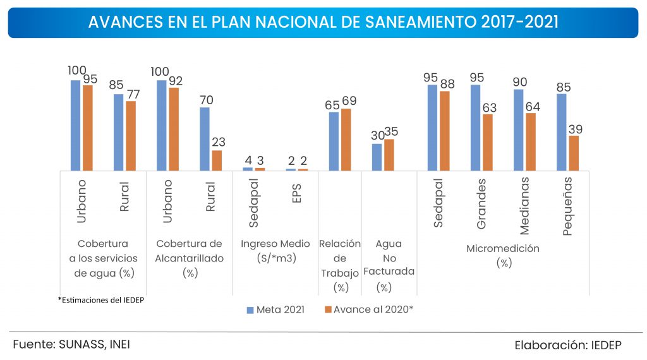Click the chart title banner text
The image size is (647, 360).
point(323,22)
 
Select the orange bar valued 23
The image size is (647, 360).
point(217,160)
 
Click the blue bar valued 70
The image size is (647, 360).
point(204,139)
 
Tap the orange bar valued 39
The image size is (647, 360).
point(574,153)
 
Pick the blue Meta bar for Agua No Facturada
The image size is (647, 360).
point(377,157)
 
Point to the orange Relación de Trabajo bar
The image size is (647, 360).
point(346,140)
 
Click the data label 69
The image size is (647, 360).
point(349,101)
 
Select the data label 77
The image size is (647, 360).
point(132,94)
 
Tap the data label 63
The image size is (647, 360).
point(489,107)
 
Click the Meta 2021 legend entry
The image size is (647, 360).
point(275,309)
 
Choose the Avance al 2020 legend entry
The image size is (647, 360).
point(369,309)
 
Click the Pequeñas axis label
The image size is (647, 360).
point(567,206)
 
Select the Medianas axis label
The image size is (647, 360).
point(525,206)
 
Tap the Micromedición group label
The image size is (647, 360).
point(503,255)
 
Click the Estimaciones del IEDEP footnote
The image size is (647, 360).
point(100,299)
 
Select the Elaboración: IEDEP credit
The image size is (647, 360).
point(567,345)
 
